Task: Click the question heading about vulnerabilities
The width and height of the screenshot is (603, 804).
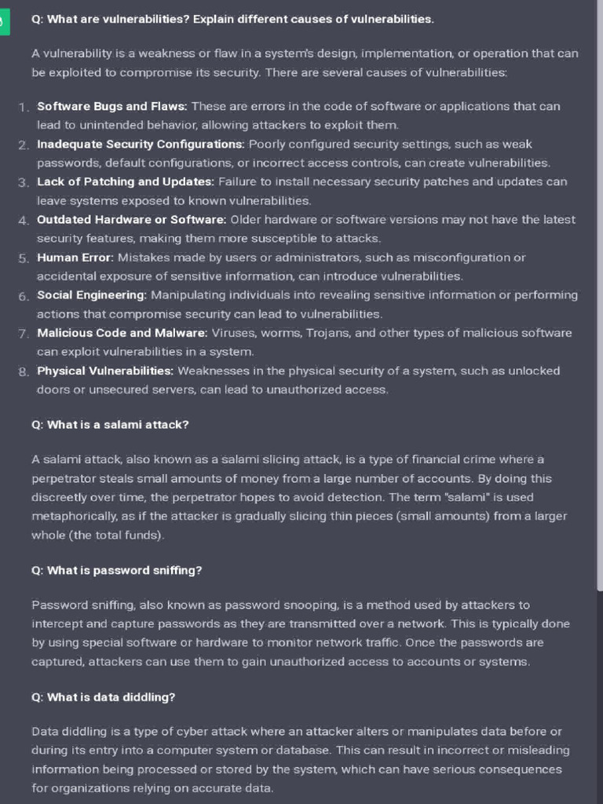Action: coord(232,19)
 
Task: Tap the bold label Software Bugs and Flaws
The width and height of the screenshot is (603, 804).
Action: coord(112,106)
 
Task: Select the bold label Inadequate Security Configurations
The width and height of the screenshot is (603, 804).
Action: coord(141,144)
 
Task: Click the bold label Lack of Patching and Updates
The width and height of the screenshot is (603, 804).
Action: coord(126,182)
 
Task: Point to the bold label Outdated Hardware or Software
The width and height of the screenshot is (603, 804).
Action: coord(132,220)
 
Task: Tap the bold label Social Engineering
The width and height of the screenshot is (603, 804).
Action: coord(92,295)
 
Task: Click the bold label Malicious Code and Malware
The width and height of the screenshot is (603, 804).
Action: coord(117,333)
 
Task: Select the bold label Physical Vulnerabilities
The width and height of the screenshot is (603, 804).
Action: coord(105,371)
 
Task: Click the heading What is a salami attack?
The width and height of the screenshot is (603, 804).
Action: coord(110,425)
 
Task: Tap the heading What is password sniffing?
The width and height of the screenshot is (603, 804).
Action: coord(116,571)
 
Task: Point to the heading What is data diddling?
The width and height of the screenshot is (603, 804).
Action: coord(103,697)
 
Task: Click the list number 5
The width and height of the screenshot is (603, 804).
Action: coord(24,258)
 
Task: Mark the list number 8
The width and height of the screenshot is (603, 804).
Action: coord(24,371)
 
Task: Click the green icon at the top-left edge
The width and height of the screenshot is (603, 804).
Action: coord(3,22)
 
